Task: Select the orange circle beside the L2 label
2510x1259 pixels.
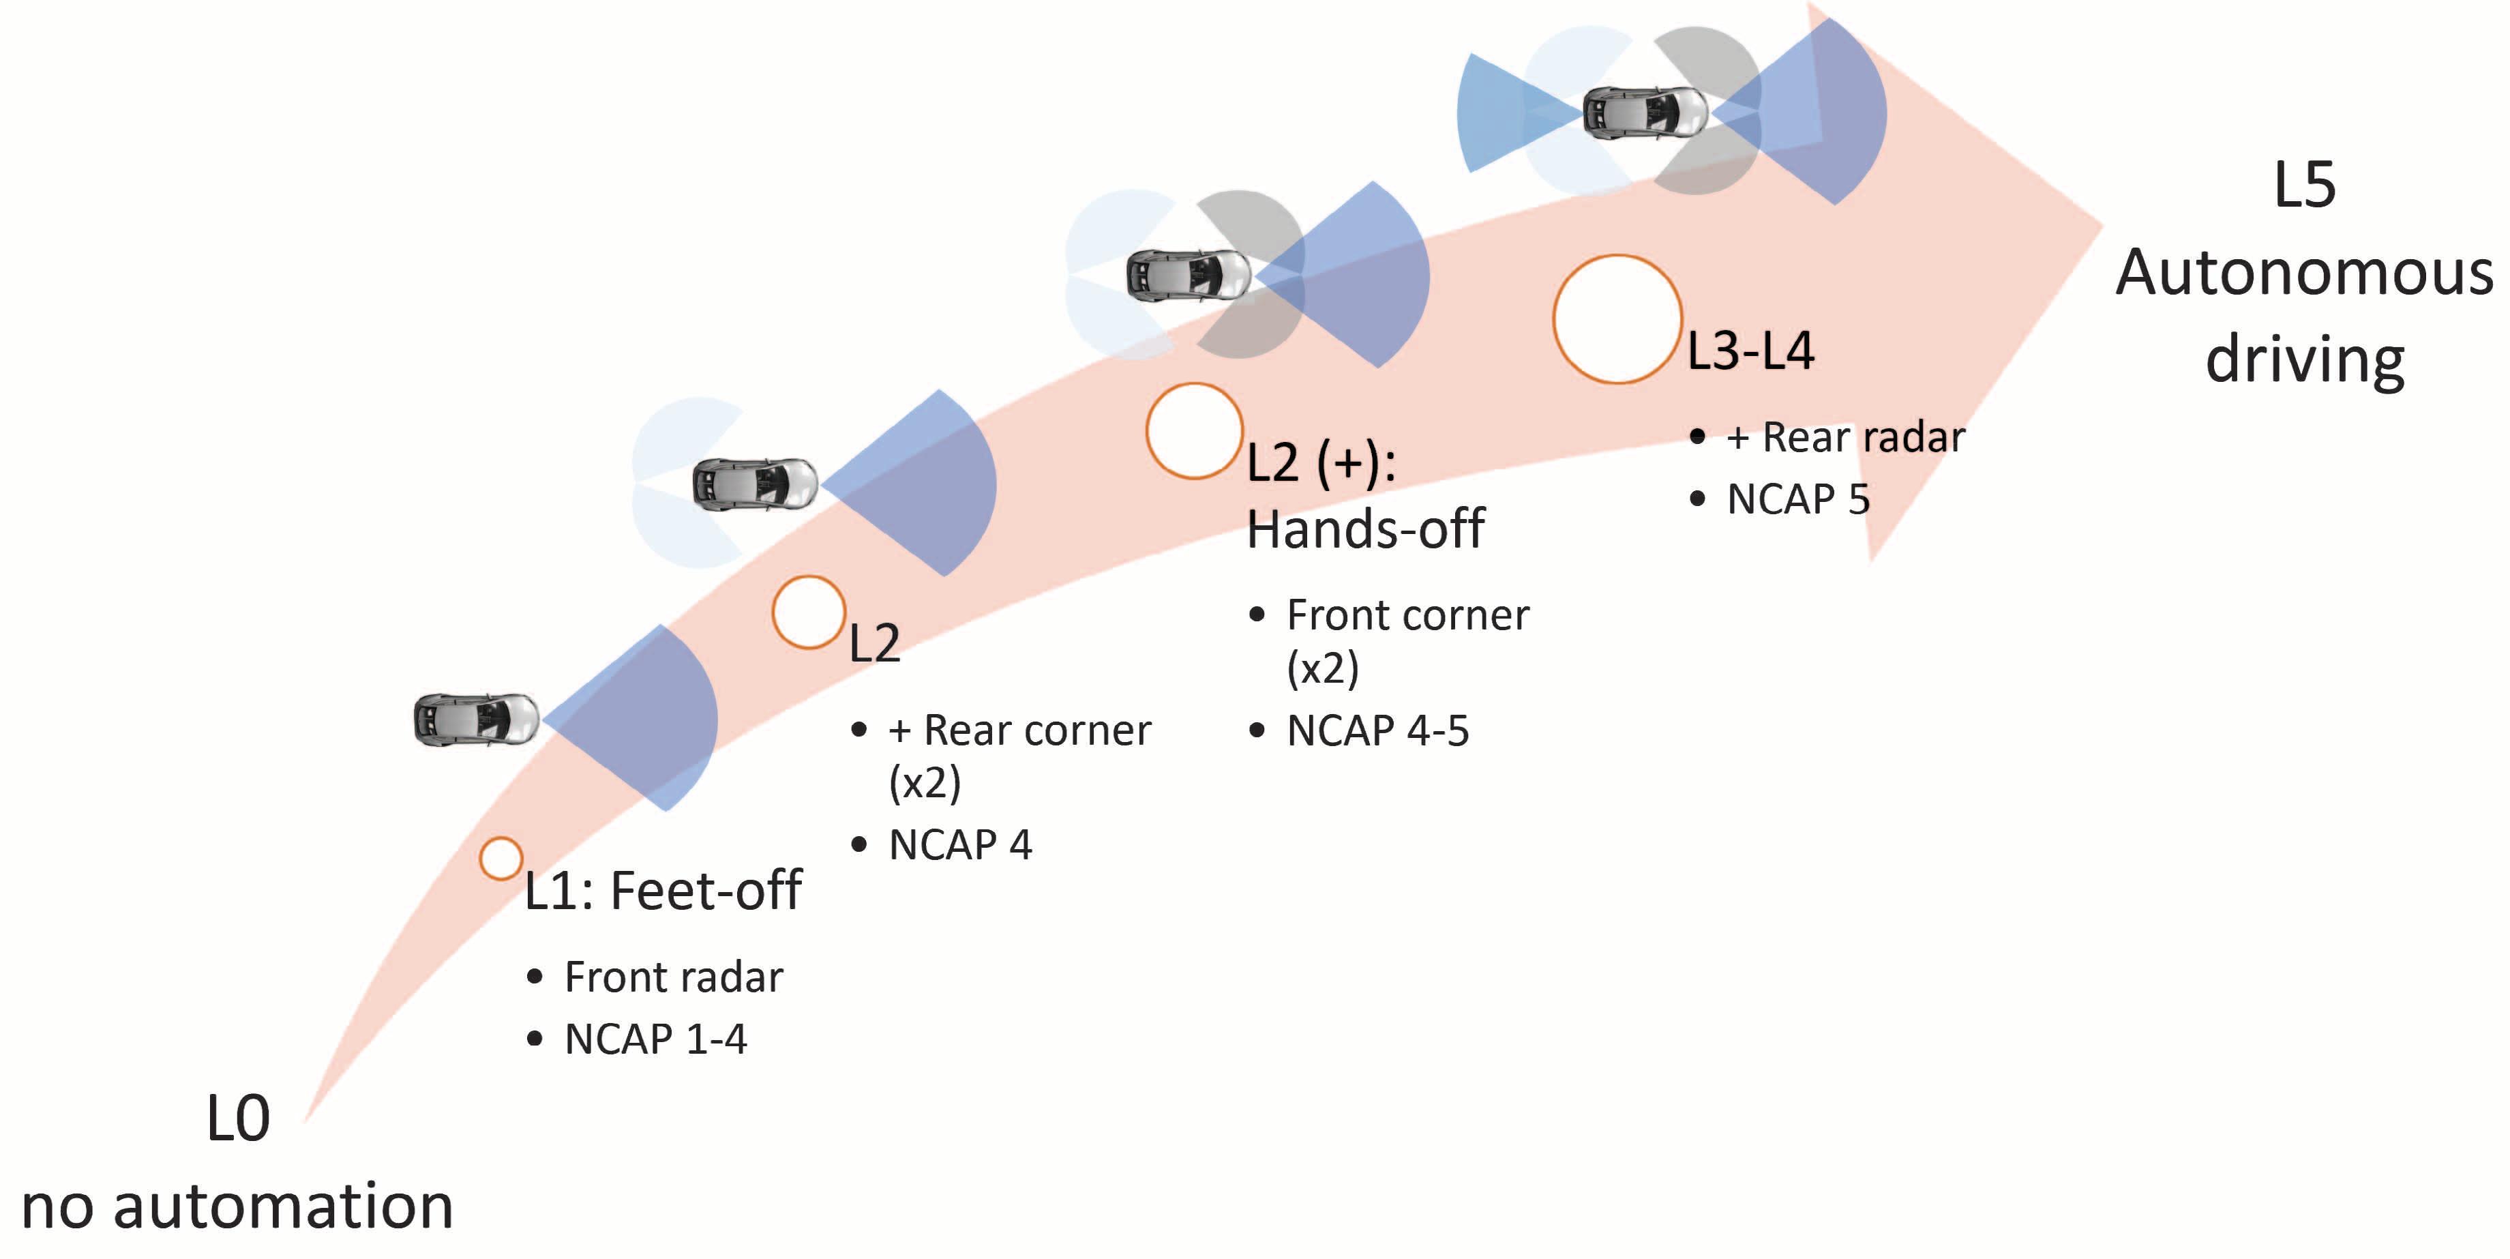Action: click(808, 612)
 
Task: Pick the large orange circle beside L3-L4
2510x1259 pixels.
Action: click(1617, 319)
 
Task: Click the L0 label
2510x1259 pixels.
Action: click(238, 1118)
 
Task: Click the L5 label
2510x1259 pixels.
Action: click(2304, 184)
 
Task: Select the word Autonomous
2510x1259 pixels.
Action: click(2304, 272)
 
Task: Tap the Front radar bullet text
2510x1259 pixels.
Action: click(673, 977)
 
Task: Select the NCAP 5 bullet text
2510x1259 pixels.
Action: click(1797, 499)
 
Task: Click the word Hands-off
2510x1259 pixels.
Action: click(1365, 529)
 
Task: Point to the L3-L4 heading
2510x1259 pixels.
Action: click(1750, 351)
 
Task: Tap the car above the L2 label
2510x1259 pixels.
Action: click(754, 484)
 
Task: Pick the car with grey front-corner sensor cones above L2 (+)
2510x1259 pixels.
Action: click(1188, 275)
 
